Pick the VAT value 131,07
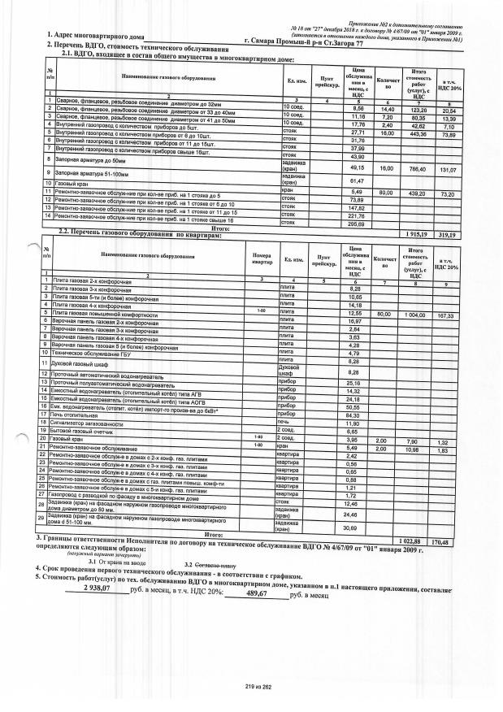coord(458,168)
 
